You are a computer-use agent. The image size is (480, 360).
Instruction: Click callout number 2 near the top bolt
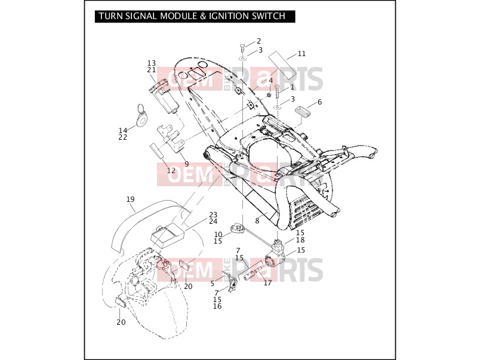pos(259,41)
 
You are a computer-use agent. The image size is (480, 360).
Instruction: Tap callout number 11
pos(301,54)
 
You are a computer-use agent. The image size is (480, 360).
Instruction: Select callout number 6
pos(319,102)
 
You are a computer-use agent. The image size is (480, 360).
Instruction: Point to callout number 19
pos(130,199)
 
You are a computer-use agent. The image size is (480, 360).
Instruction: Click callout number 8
pos(257,221)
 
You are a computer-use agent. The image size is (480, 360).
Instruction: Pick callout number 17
pos(267,282)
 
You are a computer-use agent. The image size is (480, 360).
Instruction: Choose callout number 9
pos(187,164)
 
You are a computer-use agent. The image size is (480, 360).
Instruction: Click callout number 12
pos(171,171)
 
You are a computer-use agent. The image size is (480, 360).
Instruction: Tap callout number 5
pos(213,284)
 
